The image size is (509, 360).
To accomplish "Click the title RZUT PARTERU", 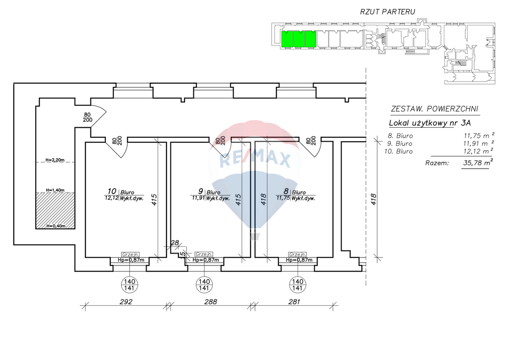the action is pos(387,12).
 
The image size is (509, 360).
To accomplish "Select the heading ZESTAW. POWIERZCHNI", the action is pos(434,109).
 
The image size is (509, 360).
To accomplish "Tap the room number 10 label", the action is pos(112,191).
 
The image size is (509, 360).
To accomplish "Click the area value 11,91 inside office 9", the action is pos(198,198).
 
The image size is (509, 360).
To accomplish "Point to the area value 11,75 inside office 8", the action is pos(283,198).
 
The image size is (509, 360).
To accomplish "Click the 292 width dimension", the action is pos(126,301).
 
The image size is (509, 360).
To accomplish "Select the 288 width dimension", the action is pos(210,301).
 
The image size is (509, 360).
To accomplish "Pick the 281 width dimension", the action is pos(294,301).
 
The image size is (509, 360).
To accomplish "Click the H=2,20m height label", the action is pos(55,160).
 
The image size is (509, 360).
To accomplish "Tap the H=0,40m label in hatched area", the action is pos(56,226).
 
